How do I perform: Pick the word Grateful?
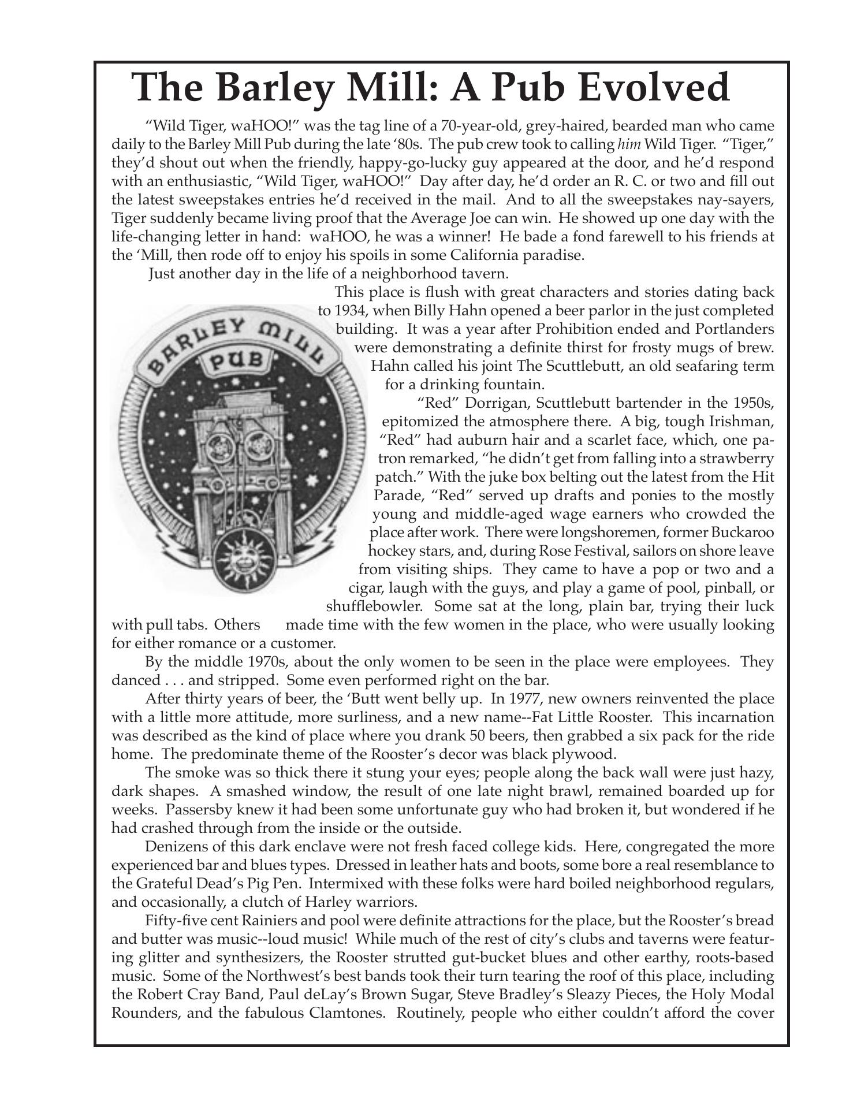166,884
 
